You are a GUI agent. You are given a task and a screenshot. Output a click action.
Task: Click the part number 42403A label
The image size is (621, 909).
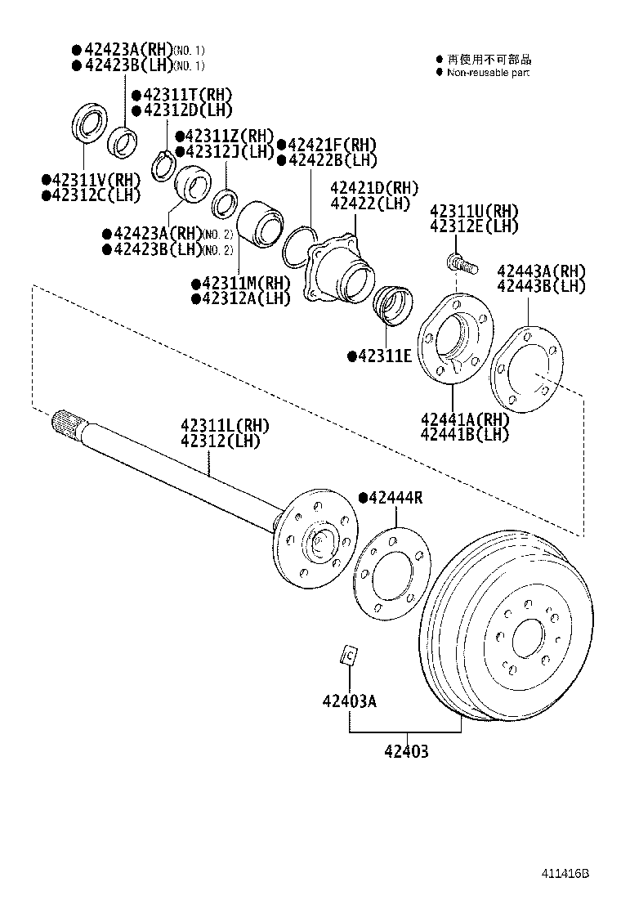[x=349, y=701]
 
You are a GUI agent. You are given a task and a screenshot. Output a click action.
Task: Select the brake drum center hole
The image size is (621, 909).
[x=528, y=634]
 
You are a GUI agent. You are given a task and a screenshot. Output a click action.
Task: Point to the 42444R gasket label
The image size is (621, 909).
[x=395, y=498]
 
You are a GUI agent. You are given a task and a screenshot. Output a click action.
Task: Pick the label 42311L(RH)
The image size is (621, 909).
[x=225, y=425]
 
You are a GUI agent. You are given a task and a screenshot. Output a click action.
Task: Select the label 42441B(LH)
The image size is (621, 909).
[x=464, y=434]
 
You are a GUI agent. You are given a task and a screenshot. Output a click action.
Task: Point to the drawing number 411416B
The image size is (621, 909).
[x=563, y=873]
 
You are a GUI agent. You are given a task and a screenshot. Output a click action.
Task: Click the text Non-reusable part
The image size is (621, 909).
[x=488, y=73]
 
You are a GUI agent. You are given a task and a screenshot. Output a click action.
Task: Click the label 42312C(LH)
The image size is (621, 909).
[x=91, y=195]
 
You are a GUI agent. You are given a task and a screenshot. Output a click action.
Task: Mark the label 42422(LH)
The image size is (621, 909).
[x=369, y=203]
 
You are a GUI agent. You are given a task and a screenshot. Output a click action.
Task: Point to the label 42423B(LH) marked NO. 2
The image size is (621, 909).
[x=168, y=249]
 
